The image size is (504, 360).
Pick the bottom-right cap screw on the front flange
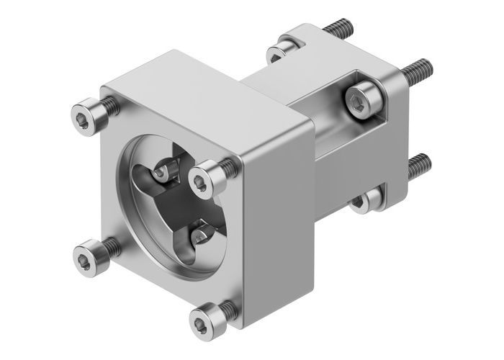(x=204, y=317)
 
